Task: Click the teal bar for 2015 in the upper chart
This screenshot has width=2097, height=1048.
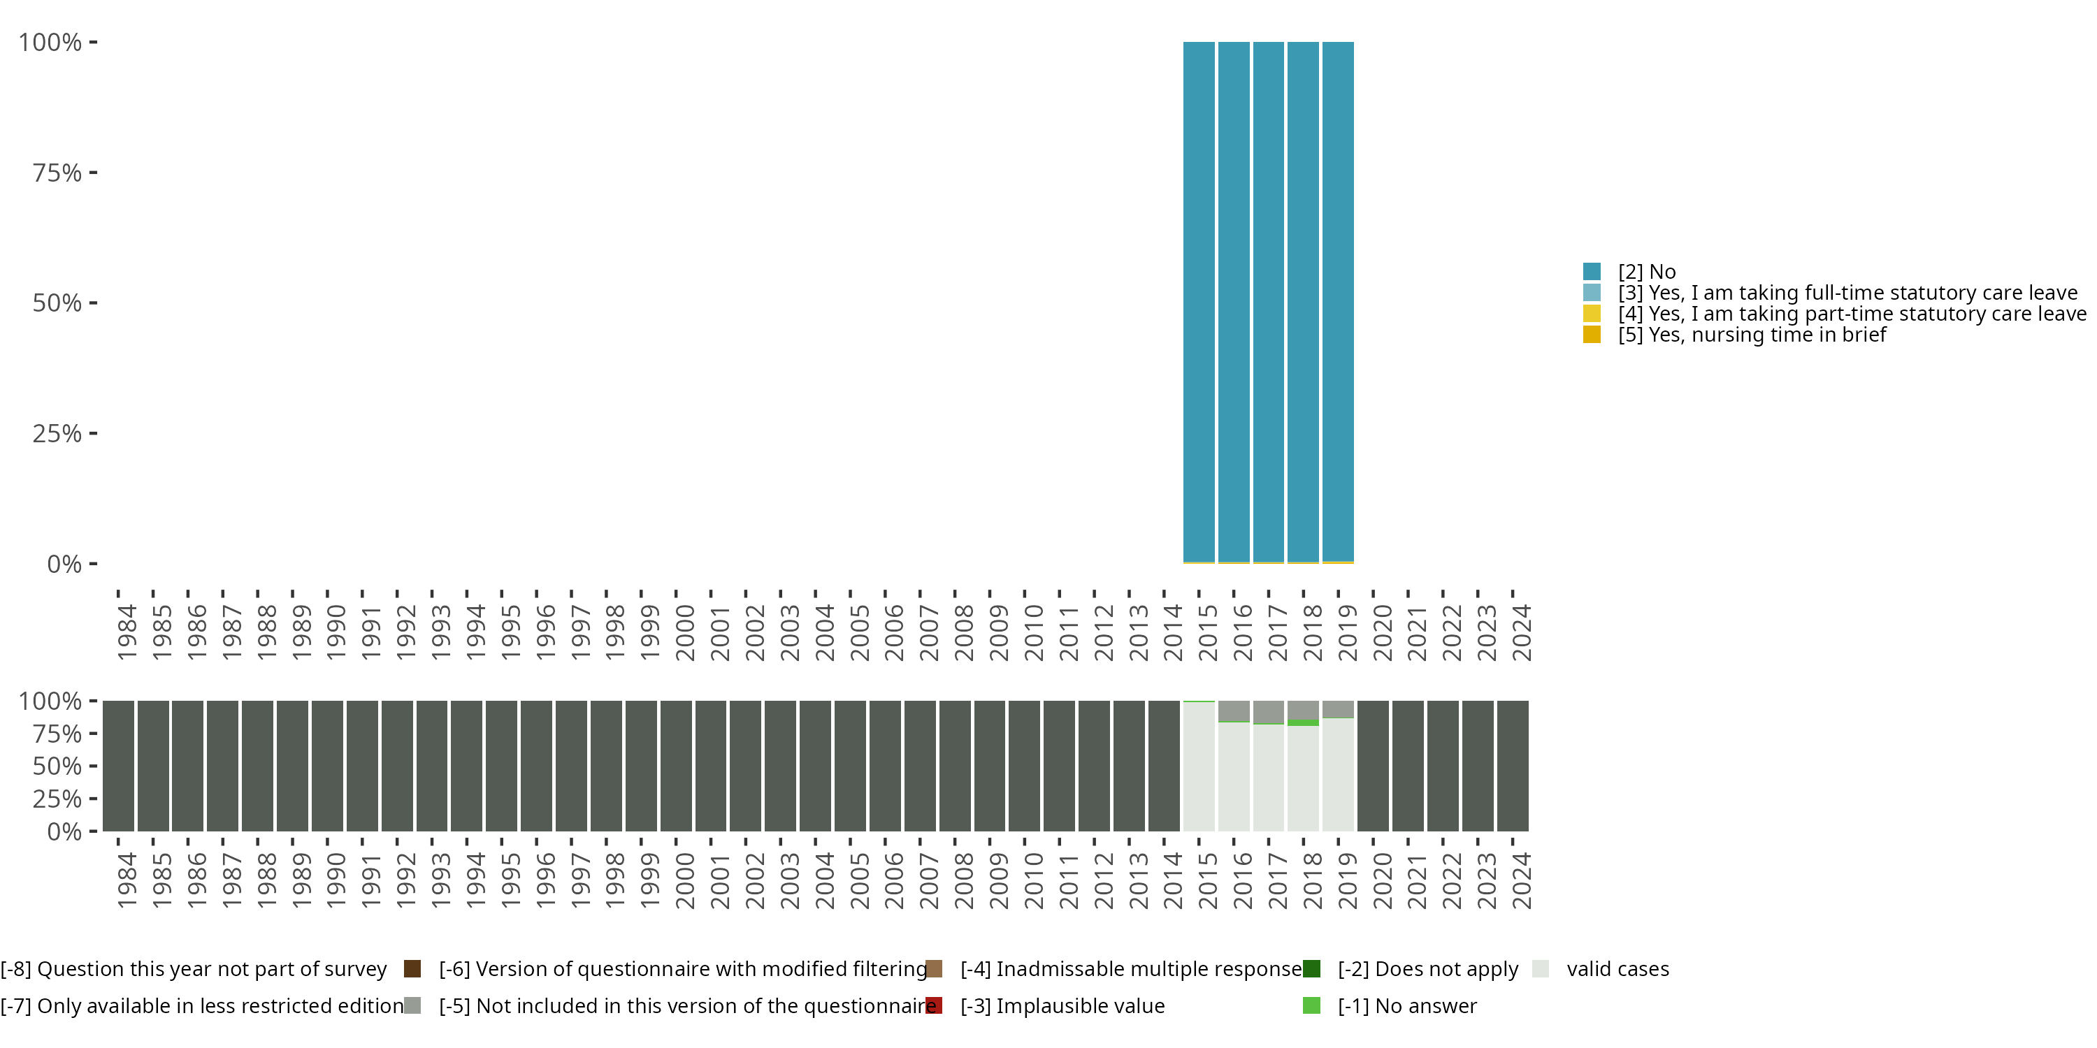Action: coord(1198,301)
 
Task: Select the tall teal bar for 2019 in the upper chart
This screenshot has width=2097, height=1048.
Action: coord(1337,301)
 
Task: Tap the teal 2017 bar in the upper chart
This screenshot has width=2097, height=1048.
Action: coord(1268,301)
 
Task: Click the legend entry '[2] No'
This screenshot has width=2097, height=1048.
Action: coord(1646,272)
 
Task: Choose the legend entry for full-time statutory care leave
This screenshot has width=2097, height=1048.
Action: coord(1846,293)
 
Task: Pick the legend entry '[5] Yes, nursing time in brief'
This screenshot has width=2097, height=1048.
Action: coord(1751,335)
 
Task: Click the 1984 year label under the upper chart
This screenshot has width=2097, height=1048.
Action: coord(127,632)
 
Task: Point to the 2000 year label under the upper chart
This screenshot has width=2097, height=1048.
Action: coord(684,632)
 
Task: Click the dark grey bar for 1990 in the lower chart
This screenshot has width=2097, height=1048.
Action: coord(327,766)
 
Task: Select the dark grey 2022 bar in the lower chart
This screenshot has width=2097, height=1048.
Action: coord(1443,766)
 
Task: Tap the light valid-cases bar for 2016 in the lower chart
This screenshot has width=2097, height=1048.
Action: coord(1233,777)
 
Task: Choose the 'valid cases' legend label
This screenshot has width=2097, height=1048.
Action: coord(1617,969)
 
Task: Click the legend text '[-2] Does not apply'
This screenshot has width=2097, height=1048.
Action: coord(1428,969)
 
